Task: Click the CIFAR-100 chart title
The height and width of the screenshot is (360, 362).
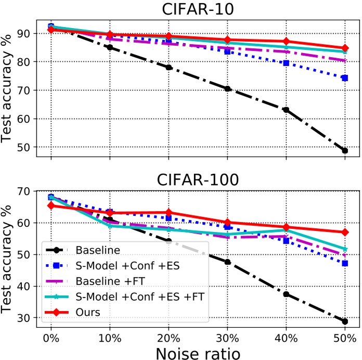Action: click(197, 181)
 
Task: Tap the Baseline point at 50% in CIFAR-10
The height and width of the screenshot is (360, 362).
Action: click(345, 151)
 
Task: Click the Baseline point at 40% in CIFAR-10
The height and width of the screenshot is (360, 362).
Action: click(286, 110)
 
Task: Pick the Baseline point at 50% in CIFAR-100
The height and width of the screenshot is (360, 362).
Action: click(345, 322)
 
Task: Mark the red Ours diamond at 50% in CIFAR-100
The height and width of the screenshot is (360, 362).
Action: click(345, 232)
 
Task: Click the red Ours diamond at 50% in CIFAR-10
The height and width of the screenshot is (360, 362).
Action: click(345, 48)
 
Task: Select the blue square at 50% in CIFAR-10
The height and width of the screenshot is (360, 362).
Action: click(345, 78)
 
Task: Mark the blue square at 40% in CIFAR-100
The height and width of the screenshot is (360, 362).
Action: click(286, 241)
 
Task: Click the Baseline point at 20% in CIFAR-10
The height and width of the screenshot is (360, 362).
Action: click(169, 67)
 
